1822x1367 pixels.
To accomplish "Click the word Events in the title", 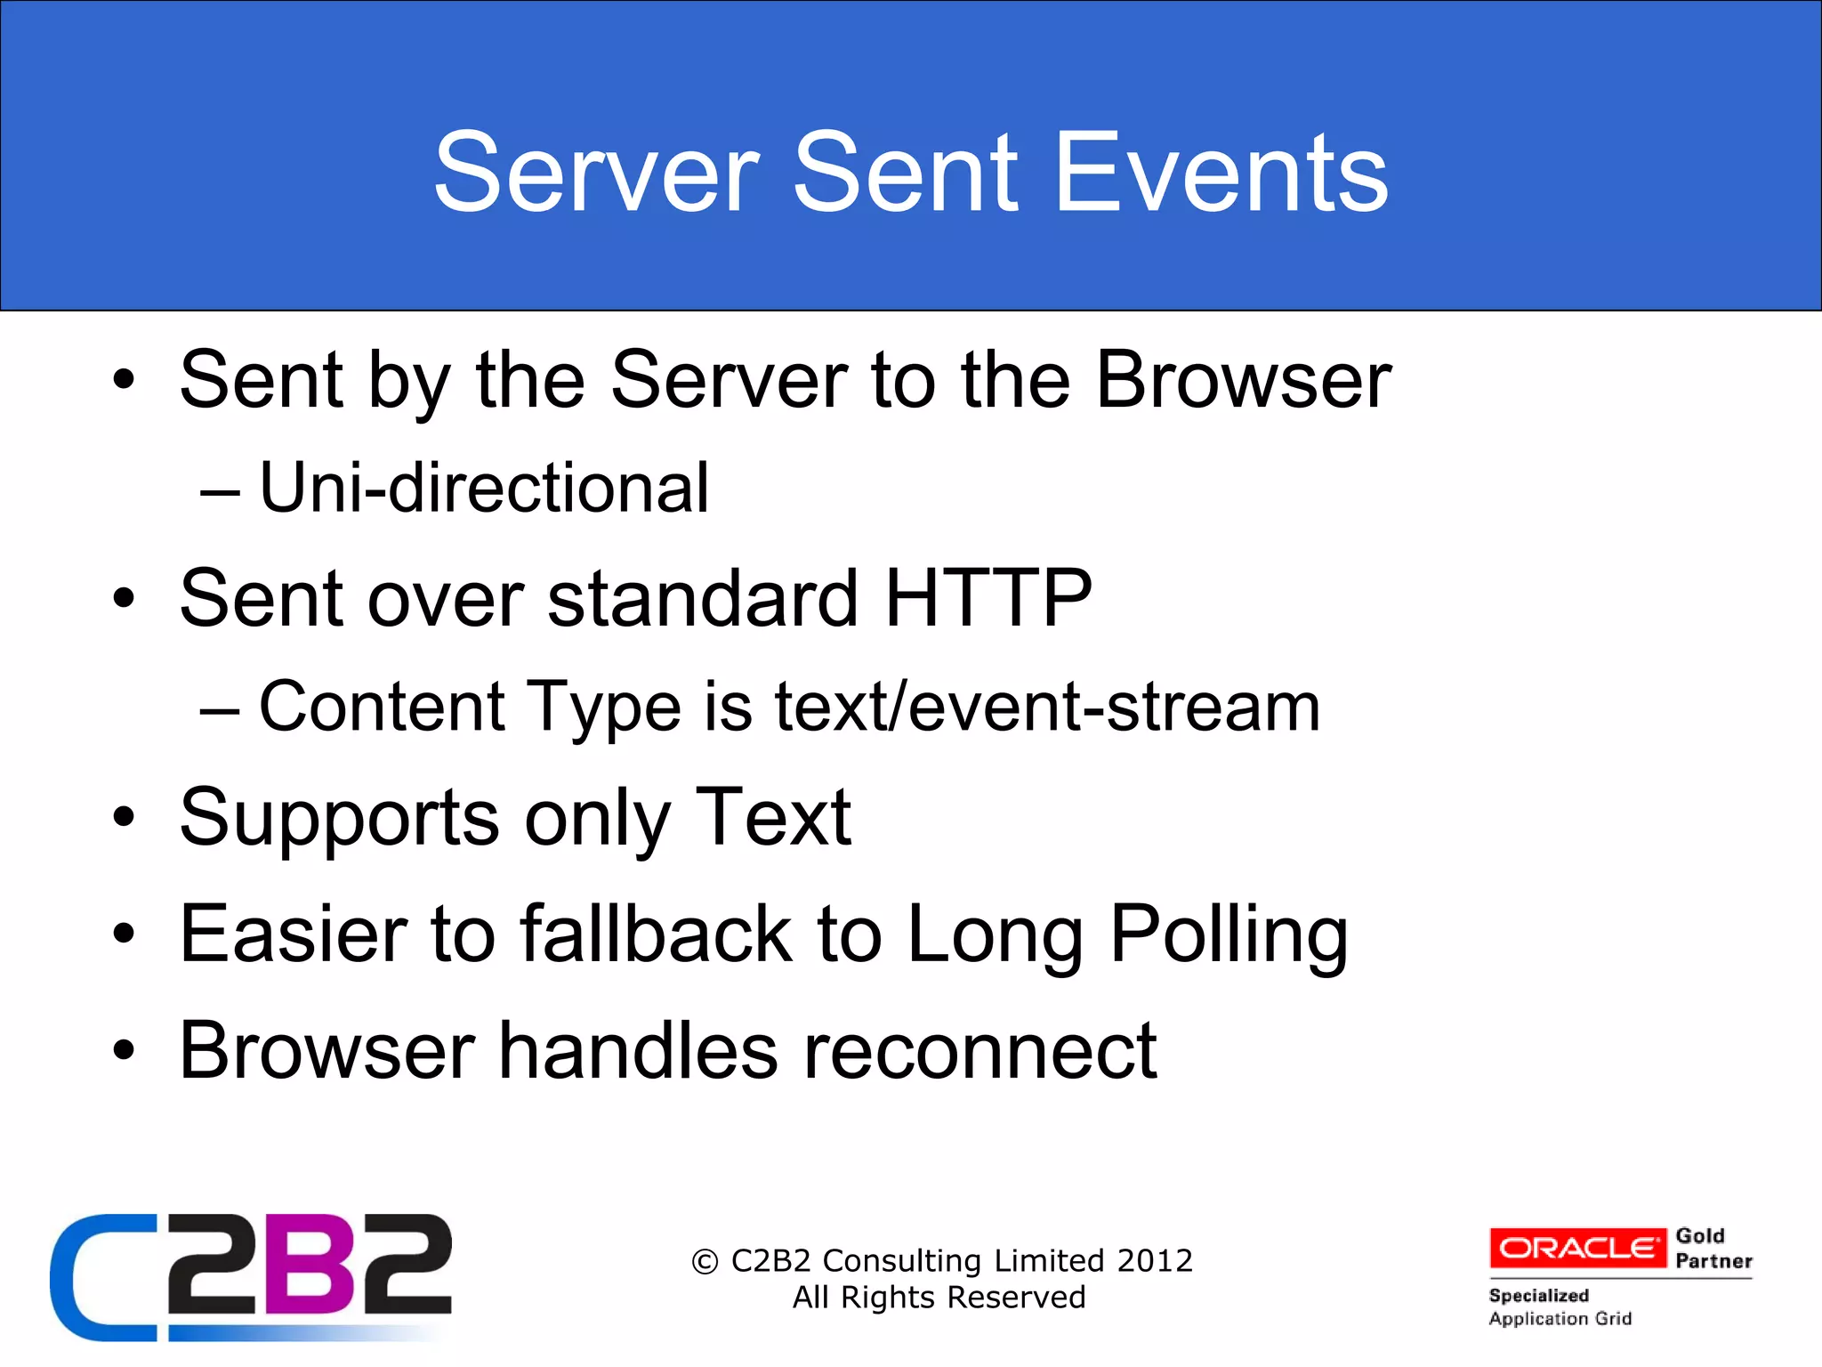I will point(1221,173).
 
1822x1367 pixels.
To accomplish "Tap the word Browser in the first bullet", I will point(1244,380).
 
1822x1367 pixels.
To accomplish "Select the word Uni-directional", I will point(484,489).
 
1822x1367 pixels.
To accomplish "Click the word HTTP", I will point(988,598).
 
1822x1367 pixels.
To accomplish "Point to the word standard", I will point(703,598).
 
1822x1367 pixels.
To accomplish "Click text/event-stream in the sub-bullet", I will point(1047,707).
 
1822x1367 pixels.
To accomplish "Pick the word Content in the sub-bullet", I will point(383,707).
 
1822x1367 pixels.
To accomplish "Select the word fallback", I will point(656,934).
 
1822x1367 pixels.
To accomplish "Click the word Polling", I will point(1229,935).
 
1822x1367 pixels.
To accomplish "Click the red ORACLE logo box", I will point(1577,1248).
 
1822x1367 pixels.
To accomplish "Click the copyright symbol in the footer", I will point(705,1262).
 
